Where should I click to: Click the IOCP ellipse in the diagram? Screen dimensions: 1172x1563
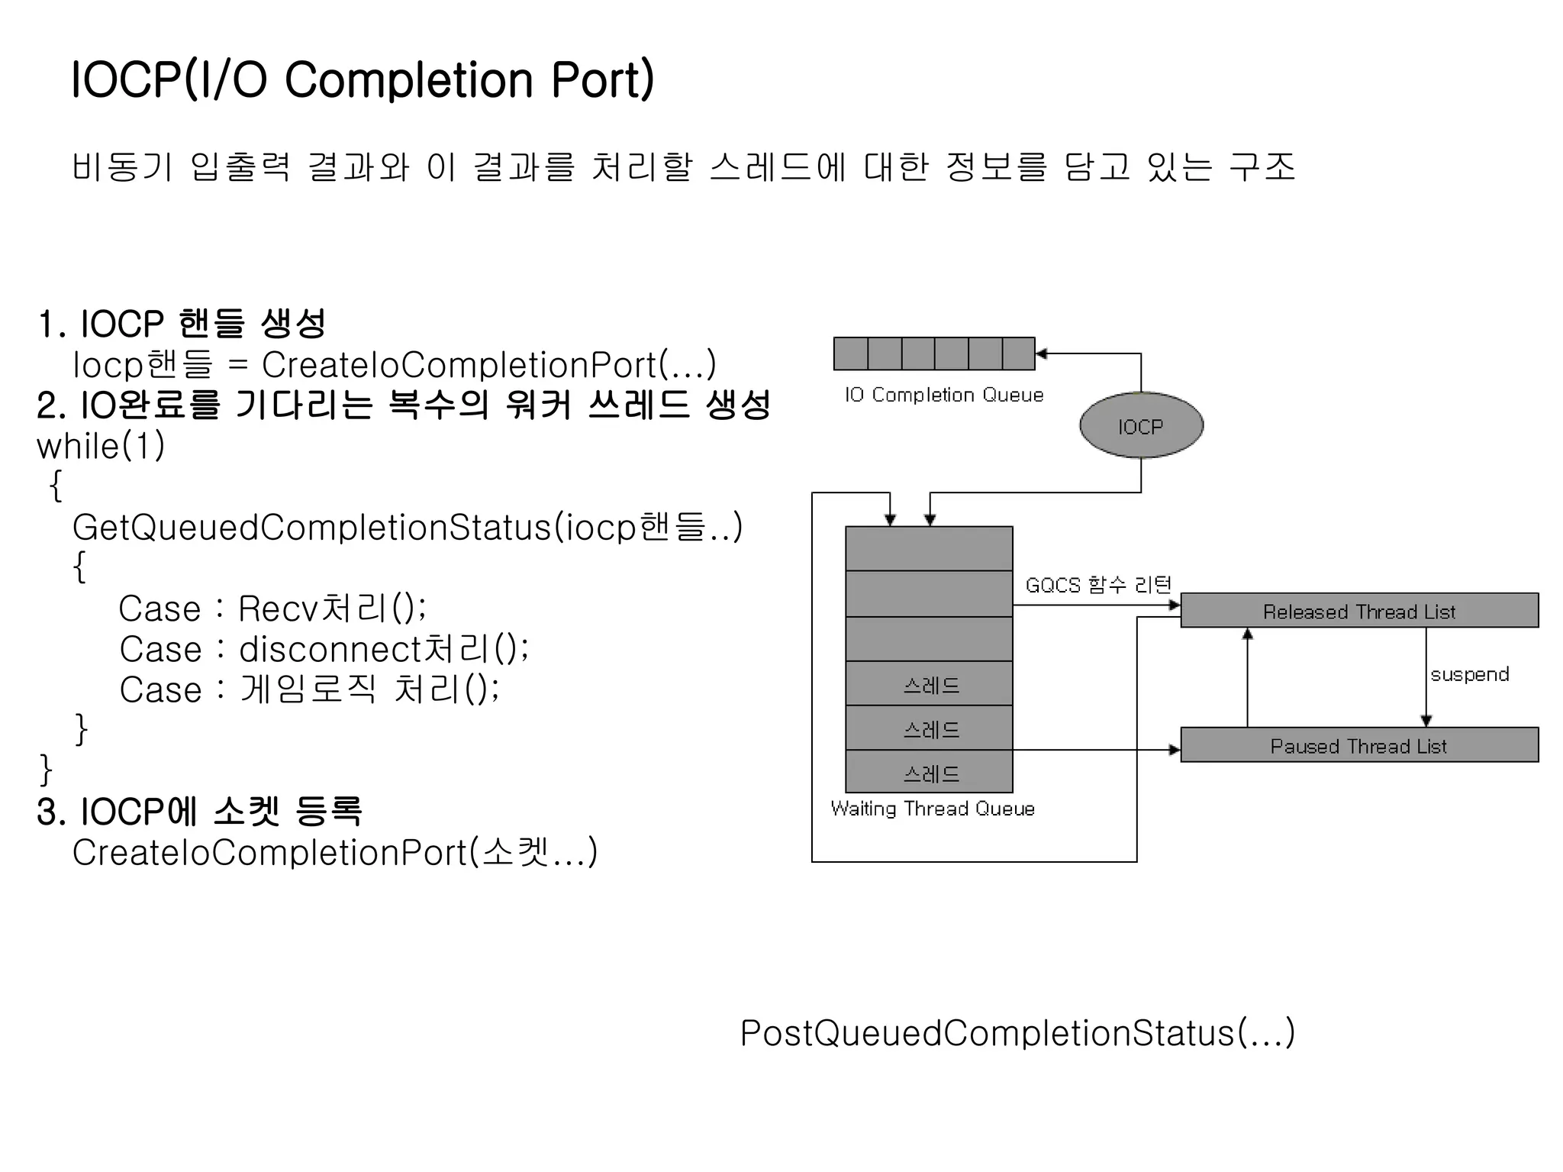pyautogui.click(x=1141, y=425)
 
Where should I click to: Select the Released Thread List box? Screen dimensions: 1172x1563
pyautogui.click(x=1358, y=611)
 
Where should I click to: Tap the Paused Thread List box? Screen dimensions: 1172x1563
pyautogui.click(x=1358, y=745)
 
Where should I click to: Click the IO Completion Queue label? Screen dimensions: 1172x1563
pyautogui.click(x=943, y=395)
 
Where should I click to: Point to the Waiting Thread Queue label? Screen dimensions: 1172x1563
pyautogui.click(x=932, y=809)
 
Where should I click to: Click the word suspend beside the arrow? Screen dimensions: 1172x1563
pyautogui.click(x=1469, y=674)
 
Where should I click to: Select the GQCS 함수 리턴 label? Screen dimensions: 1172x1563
pyautogui.click(x=1097, y=585)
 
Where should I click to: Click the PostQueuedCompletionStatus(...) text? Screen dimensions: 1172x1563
pyautogui.click(x=1017, y=1033)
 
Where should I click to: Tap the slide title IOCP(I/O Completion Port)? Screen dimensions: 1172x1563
pyautogui.click(x=363, y=79)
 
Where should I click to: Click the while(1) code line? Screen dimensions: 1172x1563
pyautogui.click(x=101, y=446)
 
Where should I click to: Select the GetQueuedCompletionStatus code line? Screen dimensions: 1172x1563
pyautogui.click(x=407, y=528)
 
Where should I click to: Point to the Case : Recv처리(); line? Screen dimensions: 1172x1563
pyautogui.click(x=272, y=609)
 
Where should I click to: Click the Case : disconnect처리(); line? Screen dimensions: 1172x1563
pyautogui.click(x=324, y=649)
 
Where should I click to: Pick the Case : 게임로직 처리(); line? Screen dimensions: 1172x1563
pyautogui.click(x=309, y=689)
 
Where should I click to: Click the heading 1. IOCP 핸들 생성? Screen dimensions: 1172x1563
pyautogui.click(x=182, y=324)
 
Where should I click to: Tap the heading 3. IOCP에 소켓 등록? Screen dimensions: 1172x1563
pyautogui.click(x=199, y=812)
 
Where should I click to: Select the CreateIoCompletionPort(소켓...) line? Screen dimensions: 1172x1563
pyautogui.click(x=335, y=852)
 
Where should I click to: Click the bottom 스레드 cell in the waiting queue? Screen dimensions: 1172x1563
pyautogui.click(x=930, y=773)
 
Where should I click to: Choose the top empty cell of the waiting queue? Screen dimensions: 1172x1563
pyautogui.click(x=930, y=548)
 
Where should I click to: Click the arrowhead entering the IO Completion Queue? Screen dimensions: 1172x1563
pyautogui.click(x=1042, y=354)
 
